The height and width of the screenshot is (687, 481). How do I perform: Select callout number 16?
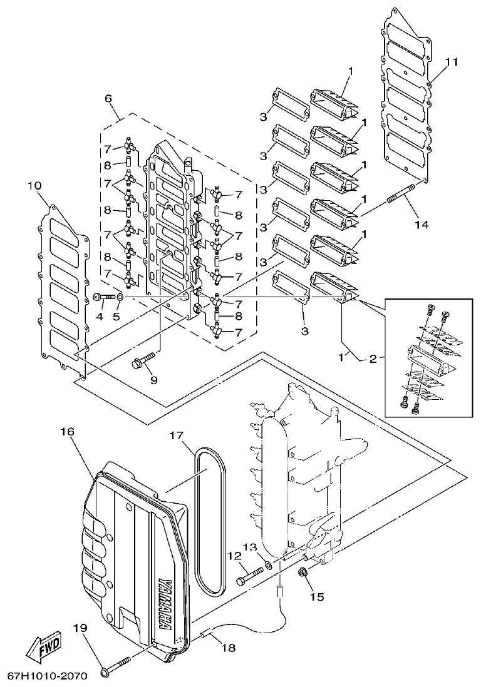pos(67,432)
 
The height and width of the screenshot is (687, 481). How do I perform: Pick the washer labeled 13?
pos(268,565)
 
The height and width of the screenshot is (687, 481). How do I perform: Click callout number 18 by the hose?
pos(229,648)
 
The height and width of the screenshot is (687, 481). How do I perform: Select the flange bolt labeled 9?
pos(142,362)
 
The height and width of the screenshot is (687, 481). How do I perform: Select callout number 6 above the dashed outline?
pos(108,99)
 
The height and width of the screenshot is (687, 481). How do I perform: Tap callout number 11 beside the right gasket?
pos(452,62)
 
